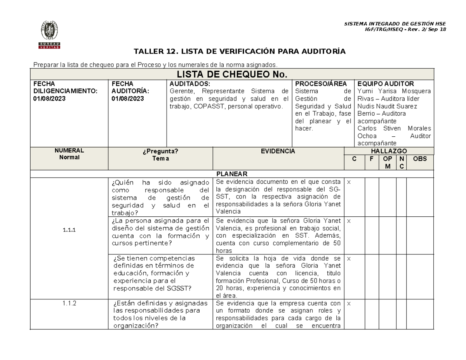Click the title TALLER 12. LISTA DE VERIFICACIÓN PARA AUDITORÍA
click(x=239, y=51)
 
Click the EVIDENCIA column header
click(x=278, y=151)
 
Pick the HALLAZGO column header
click(x=388, y=151)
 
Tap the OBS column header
click(x=420, y=159)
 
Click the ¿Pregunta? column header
click(x=160, y=151)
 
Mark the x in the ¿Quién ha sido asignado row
click(x=348, y=182)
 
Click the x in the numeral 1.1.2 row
click(x=348, y=303)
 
